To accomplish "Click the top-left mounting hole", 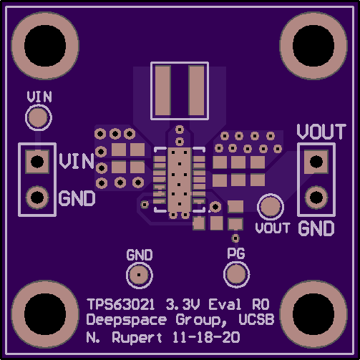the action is click(45, 46).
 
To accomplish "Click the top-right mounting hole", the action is click(313, 46).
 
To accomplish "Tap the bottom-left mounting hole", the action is click(45, 314).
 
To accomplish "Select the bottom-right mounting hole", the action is click(313, 314).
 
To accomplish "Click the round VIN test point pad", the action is click(39, 117).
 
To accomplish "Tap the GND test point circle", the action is click(140, 275).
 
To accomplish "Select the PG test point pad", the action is click(236, 274).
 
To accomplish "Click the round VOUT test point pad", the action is click(271, 207).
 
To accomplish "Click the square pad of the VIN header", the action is click(37, 162).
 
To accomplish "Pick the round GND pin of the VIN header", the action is click(37, 198).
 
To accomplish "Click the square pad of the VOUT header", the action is click(316, 162).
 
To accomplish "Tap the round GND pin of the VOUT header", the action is click(316, 198).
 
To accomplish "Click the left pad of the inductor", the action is click(163, 91).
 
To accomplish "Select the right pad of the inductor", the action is click(196, 91).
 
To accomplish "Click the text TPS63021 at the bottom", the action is click(121, 304).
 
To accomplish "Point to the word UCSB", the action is click(256, 319).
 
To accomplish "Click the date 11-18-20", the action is click(206, 337).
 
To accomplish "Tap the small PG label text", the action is click(236, 253).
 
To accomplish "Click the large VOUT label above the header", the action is click(321, 132).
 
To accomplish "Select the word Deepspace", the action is click(127, 320).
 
